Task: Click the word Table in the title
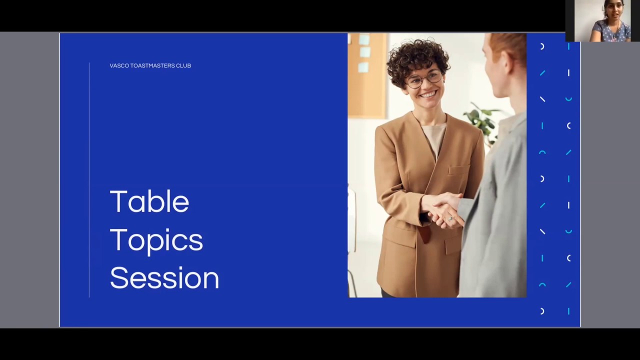[x=149, y=201]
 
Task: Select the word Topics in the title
[x=156, y=240]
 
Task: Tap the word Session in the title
[x=164, y=278]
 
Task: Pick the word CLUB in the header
[x=183, y=65]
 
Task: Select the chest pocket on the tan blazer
[x=458, y=170]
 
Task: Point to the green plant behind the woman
[x=482, y=120]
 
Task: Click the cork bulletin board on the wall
[x=366, y=75]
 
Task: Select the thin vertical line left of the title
[x=89, y=180]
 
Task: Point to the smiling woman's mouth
[x=427, y=93]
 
